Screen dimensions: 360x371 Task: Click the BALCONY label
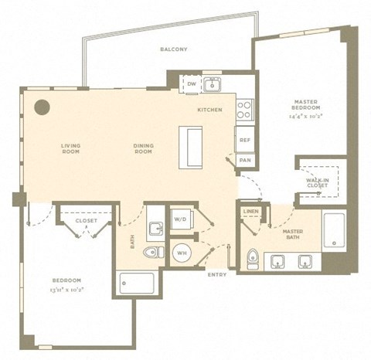[x=173, y=49]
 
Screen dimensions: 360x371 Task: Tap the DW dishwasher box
[x=192, y=83]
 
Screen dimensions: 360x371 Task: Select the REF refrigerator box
[x=244, y=140]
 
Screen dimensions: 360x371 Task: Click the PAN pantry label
[x=244, y=160]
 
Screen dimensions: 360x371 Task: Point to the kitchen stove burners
[x=243, y=109]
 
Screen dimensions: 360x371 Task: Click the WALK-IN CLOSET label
[x=318, y=182]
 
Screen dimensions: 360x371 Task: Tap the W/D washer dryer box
[x=180, y=219]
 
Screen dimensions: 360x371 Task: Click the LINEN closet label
[x=250, y=211]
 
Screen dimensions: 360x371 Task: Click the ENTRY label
[x=217, y=274]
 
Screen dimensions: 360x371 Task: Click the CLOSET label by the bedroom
[x=86, y=221]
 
